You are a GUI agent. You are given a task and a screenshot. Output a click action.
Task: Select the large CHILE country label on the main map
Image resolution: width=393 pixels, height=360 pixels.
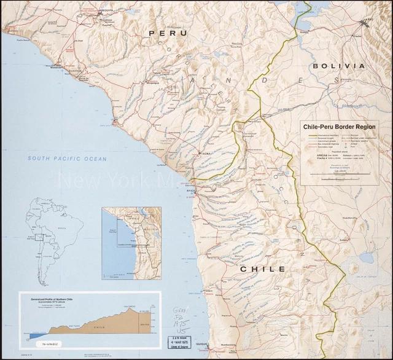tap(262, 269)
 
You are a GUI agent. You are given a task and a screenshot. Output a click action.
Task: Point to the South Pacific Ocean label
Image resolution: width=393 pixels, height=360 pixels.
tap(67, 159)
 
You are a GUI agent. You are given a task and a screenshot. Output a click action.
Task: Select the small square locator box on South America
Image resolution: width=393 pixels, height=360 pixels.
tap(39, 237)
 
